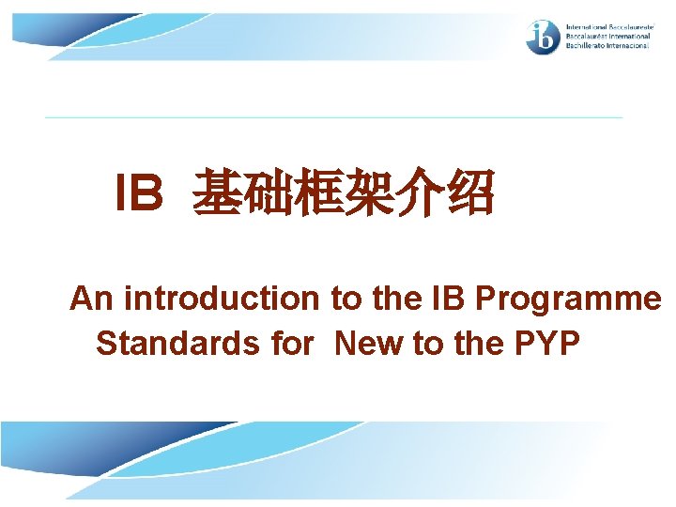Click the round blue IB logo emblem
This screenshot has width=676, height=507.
(544, 37)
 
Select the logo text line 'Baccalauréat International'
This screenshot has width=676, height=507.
(607, 37)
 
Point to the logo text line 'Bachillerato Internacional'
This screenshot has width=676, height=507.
(607, 46)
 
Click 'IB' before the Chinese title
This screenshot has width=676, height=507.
(139, 193)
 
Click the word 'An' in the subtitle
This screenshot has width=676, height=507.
(92, 299)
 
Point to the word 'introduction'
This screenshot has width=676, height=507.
(222, 299)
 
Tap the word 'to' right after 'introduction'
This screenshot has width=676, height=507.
(344, 299)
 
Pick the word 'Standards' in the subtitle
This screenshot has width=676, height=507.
(177, 344)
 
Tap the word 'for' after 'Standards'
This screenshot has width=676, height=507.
(290, 344)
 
